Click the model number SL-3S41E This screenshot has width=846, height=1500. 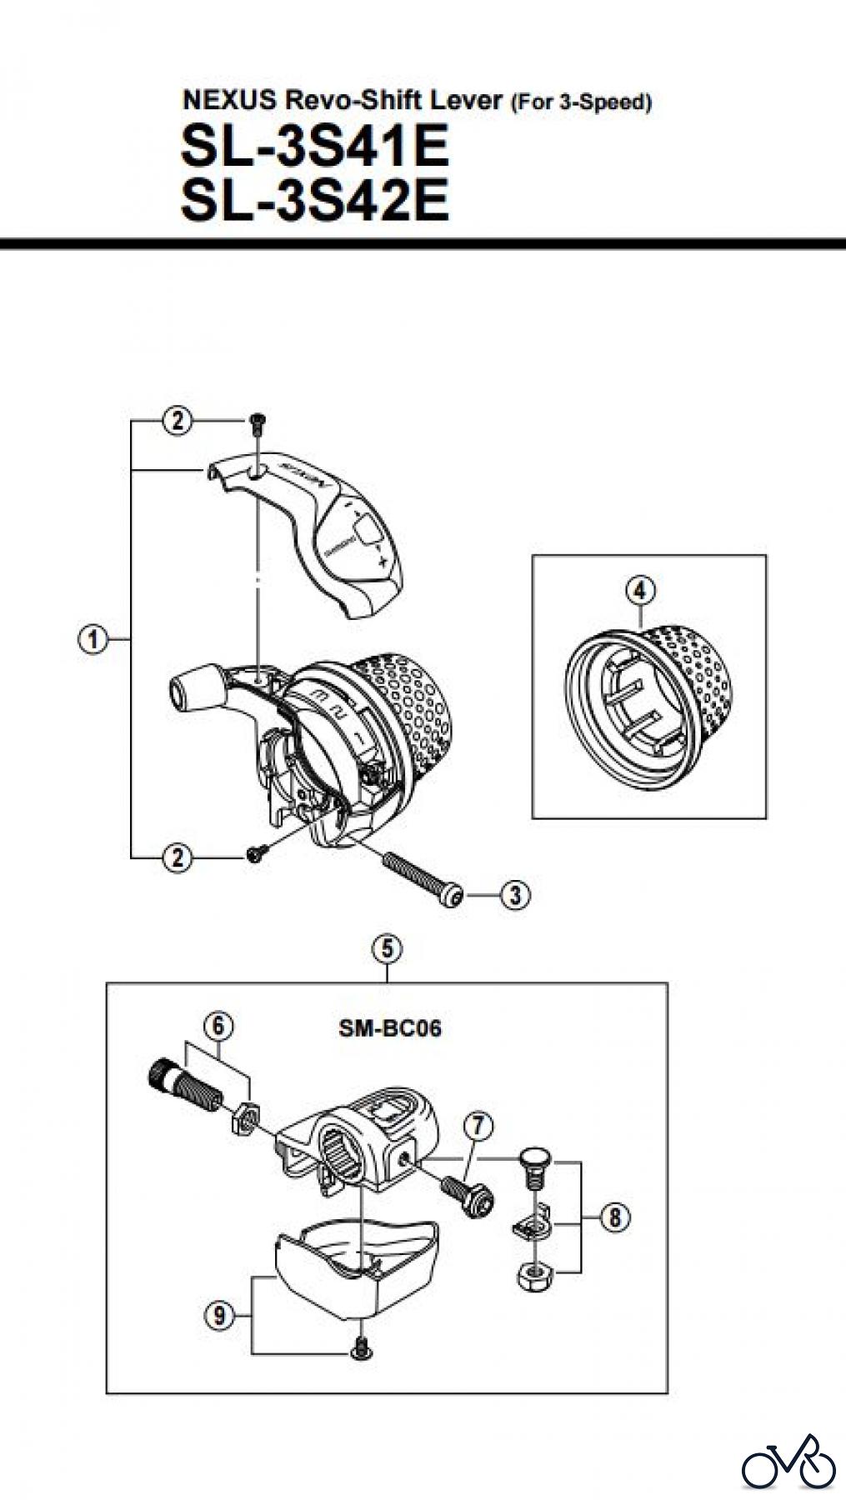pyautogui.click(x=315, y=146)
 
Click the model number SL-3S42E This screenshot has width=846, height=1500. pyautogui.click(x=315, y=200)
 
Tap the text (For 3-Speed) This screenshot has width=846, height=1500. pyautogui.click(x=580, y=102)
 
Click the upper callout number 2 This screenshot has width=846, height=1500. pyautogui.click(x=177, y=422)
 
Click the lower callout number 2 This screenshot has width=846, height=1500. pyautogui.click(x=177, y=857)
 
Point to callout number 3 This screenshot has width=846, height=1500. pyautogui.click(x=515, y=895)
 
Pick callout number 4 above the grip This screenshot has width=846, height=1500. pyautogui.click(x=639, y=591)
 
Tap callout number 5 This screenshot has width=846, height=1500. pyautogui.click(x=388, y=948)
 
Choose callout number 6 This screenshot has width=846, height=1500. pyautogui.click(x=218, y=1026)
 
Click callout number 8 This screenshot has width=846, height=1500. pyautogui.click(x=615, y=1217)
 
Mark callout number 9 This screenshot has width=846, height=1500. pyautogui.click(x=219, y=1316)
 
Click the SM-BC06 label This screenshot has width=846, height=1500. pyautogui.click(x=390, y=1028)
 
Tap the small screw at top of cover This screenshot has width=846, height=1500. pyautogui.click(x=258, y=424)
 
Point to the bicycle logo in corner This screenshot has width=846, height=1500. pyautogui.click(x=788, y=1462)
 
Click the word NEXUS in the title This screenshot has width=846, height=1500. pyautogui.click(x=229, y=101)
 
